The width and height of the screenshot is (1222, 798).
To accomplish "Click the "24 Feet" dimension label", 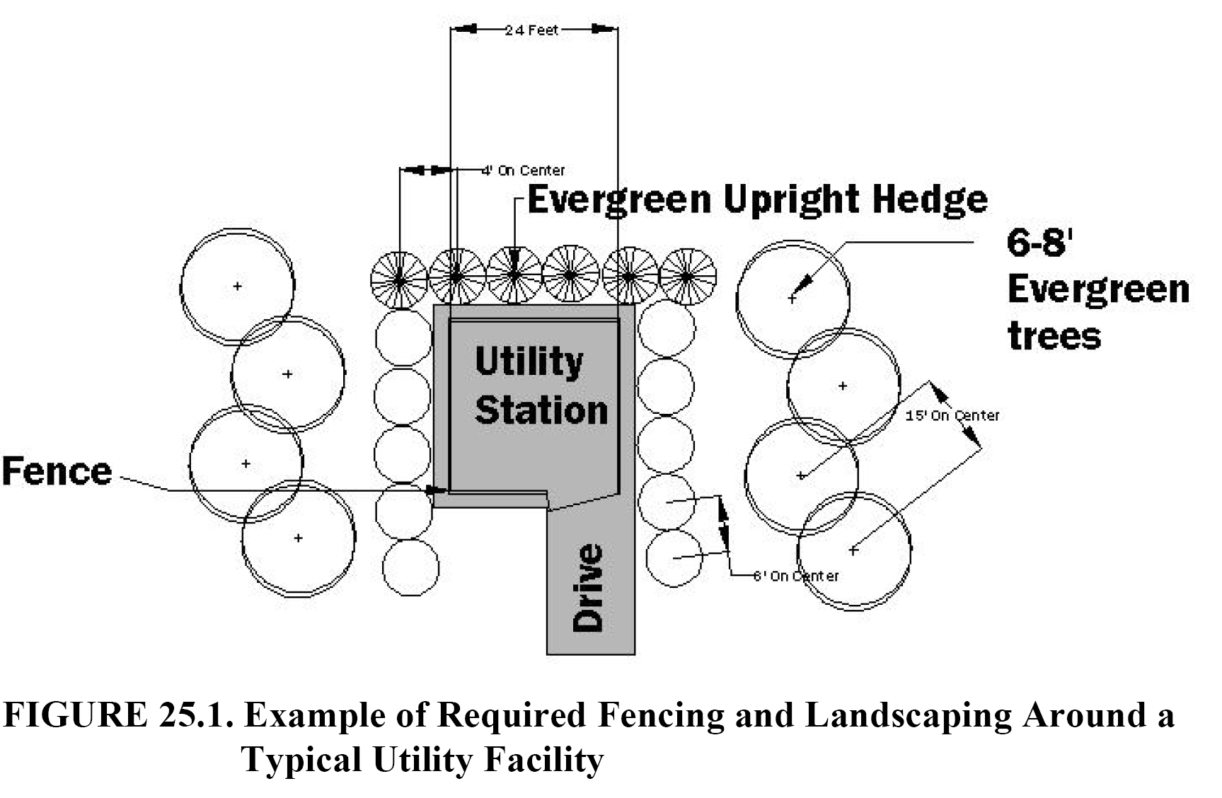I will tap(531, 30).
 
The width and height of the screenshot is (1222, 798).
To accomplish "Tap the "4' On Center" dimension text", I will tap(524, 170).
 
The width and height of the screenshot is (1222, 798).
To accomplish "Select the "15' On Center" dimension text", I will tap(952, 415).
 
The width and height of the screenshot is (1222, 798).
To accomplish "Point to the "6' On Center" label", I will tap(796, 576).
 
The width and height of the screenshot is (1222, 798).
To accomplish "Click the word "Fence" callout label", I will tap(57, 471).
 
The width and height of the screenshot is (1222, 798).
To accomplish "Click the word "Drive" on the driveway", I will tap(589, 588).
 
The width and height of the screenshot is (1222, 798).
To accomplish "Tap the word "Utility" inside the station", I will tap(529, 362).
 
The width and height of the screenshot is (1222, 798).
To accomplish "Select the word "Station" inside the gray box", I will tap(541, 410).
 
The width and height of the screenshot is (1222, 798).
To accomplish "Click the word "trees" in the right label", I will tap(1054, 335).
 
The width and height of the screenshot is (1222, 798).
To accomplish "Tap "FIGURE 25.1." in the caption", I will tap(118, 715).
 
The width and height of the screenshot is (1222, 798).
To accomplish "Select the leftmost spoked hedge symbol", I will tap(399, 280).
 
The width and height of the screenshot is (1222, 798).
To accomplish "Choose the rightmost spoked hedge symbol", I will tap(687, 276).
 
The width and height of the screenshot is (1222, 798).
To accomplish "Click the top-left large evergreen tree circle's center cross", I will tap(238, 286).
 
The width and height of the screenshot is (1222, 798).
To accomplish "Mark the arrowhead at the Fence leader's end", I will tap(437, 490).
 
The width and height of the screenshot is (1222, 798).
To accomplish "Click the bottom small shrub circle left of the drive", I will tap(410, 567).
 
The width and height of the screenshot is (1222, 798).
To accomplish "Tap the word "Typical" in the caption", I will tap(300, 761).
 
